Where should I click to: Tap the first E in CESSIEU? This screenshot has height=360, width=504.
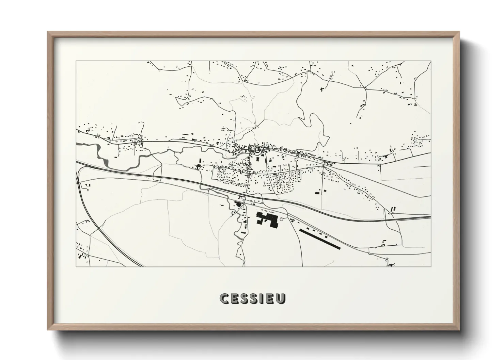point(235,298)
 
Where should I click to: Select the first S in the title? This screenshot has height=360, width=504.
point(244,298)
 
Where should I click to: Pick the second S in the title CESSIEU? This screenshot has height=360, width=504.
point(254,298)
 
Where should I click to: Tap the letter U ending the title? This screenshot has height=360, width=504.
point(280,298)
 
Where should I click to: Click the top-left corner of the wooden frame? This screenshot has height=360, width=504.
point(48,32)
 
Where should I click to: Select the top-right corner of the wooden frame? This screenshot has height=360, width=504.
point(459,32)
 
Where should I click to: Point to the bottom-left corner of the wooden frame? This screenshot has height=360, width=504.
point(48,329)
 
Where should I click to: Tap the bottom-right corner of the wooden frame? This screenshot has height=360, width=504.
point(459,329)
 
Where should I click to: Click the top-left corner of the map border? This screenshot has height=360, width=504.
point(76,61)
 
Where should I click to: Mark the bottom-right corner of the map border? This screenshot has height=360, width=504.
point(431,266)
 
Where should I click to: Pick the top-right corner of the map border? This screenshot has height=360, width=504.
point(431,61)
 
